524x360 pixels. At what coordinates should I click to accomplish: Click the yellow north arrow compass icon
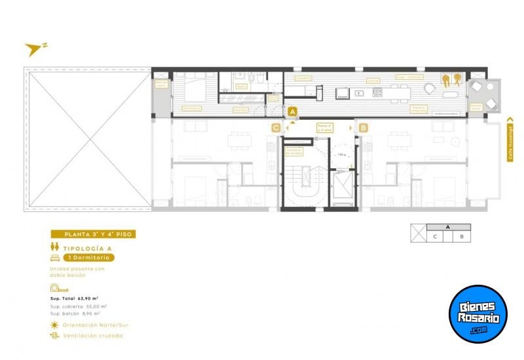[34, 48]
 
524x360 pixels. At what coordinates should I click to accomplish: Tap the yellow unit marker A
[292, 112]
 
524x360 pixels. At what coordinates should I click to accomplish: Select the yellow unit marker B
[363, 128]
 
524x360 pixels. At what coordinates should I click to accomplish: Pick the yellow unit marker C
[276, 128]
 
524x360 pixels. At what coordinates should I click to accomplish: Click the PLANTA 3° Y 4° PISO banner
[94, 234]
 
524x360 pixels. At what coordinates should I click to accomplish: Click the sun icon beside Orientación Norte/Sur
[54, 325]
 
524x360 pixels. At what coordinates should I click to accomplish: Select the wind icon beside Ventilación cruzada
[54, 335]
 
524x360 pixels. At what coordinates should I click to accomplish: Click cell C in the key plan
[436, 237]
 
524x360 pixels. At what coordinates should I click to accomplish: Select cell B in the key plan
[462, 237]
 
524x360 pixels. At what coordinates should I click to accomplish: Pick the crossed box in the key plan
[418, 233]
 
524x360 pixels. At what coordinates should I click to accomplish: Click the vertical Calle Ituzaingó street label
[510, 140]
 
